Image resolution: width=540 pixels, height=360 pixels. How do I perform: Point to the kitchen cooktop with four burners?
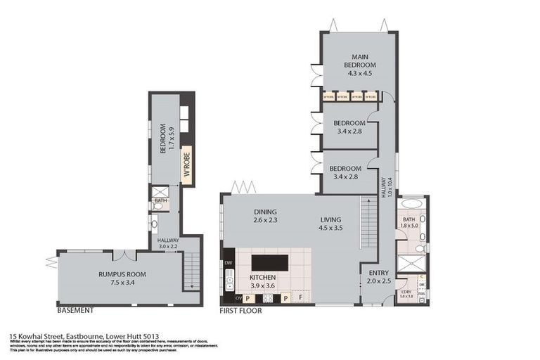[x=267, y=297]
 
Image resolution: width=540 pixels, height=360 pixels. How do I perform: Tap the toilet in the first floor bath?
[x=420, y=247]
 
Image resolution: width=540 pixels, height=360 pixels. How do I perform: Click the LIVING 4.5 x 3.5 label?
[x=330, y=224]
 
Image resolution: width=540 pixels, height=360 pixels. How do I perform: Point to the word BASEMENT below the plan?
[x=75, y=310]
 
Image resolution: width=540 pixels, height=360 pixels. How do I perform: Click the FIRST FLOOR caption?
[x=239, y=310]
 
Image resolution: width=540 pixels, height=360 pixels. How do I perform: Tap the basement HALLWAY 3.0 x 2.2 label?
[x=168, y=243]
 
